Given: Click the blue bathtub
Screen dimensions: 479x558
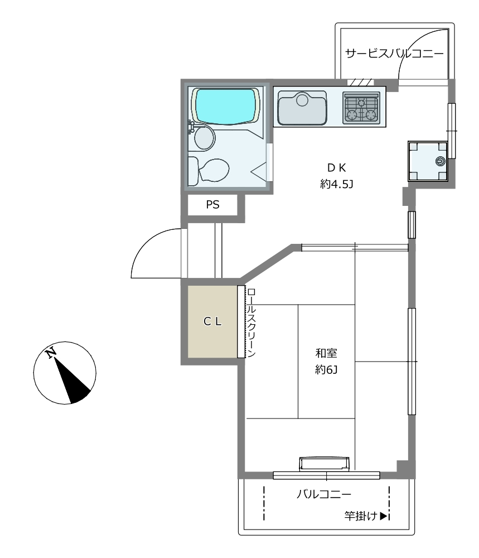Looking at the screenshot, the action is point(226,107).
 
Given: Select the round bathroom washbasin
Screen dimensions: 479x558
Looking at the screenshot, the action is point(205,138).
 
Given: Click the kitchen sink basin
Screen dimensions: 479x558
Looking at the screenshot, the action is point(302,108).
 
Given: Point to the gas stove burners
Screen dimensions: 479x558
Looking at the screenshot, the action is point(361,108).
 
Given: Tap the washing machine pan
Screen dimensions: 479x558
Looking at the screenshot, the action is point(428,161).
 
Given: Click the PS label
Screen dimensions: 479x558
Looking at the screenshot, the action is point(212,205).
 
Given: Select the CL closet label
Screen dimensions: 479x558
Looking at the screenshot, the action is point(212,322).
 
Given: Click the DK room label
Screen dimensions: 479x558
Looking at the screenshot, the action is point(336,167).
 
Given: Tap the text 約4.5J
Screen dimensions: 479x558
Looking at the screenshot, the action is point(336,184).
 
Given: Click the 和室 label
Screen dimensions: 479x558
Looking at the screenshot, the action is point(326,353).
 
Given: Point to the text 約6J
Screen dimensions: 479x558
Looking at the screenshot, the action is point(326,370).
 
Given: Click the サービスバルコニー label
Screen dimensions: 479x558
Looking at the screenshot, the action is point(394,54).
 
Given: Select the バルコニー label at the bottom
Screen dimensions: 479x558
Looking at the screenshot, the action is point(324,494).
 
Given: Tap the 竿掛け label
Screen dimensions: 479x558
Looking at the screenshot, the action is point(361,516).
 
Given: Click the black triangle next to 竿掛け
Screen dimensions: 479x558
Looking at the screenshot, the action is point(383,516).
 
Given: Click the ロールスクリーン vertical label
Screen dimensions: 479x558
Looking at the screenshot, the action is point(251,323).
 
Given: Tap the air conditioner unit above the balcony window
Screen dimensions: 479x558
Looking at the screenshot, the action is point(325,464).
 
